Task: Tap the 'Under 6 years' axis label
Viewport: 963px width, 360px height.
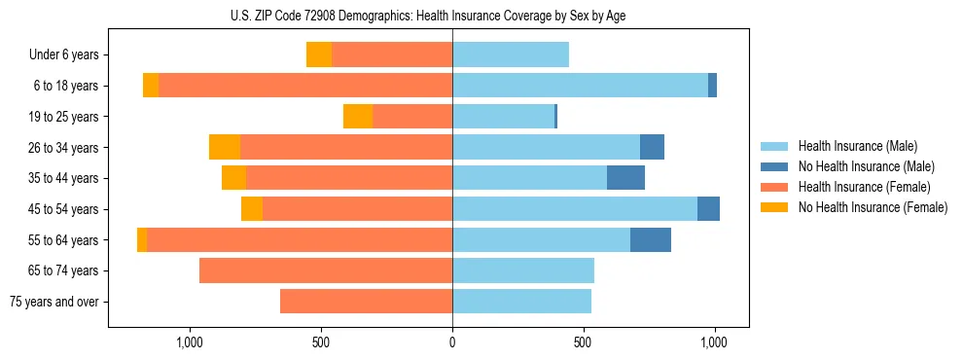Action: click(x=63, y=55)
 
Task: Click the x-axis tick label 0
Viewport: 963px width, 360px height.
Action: click(x=452, y=343)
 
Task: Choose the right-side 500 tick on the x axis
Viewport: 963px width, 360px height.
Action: click(x=583, y=343)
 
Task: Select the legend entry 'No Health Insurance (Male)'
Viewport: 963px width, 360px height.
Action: click(x=866, y=166)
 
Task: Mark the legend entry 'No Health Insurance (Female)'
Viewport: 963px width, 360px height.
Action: click(x=873, y=207)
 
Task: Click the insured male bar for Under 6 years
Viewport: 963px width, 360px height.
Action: click(x=511, y=55)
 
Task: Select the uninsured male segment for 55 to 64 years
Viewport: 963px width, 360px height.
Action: click(x=651, y=240)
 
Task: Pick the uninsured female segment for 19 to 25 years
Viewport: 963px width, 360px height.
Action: click(x=358, y=117)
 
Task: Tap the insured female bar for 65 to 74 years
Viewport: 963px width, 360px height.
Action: click(x=326, y=270)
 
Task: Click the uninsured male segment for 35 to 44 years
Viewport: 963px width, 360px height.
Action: click(x=625, y=178)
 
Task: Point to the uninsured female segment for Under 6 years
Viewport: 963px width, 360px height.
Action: click(x=319, y=55)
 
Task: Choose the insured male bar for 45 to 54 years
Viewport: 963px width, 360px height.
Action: click(x=575, y=209)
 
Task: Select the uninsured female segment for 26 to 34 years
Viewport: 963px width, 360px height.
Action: click(x=225, y=148)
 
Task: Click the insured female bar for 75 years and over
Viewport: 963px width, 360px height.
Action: click(x=366, y=302)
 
